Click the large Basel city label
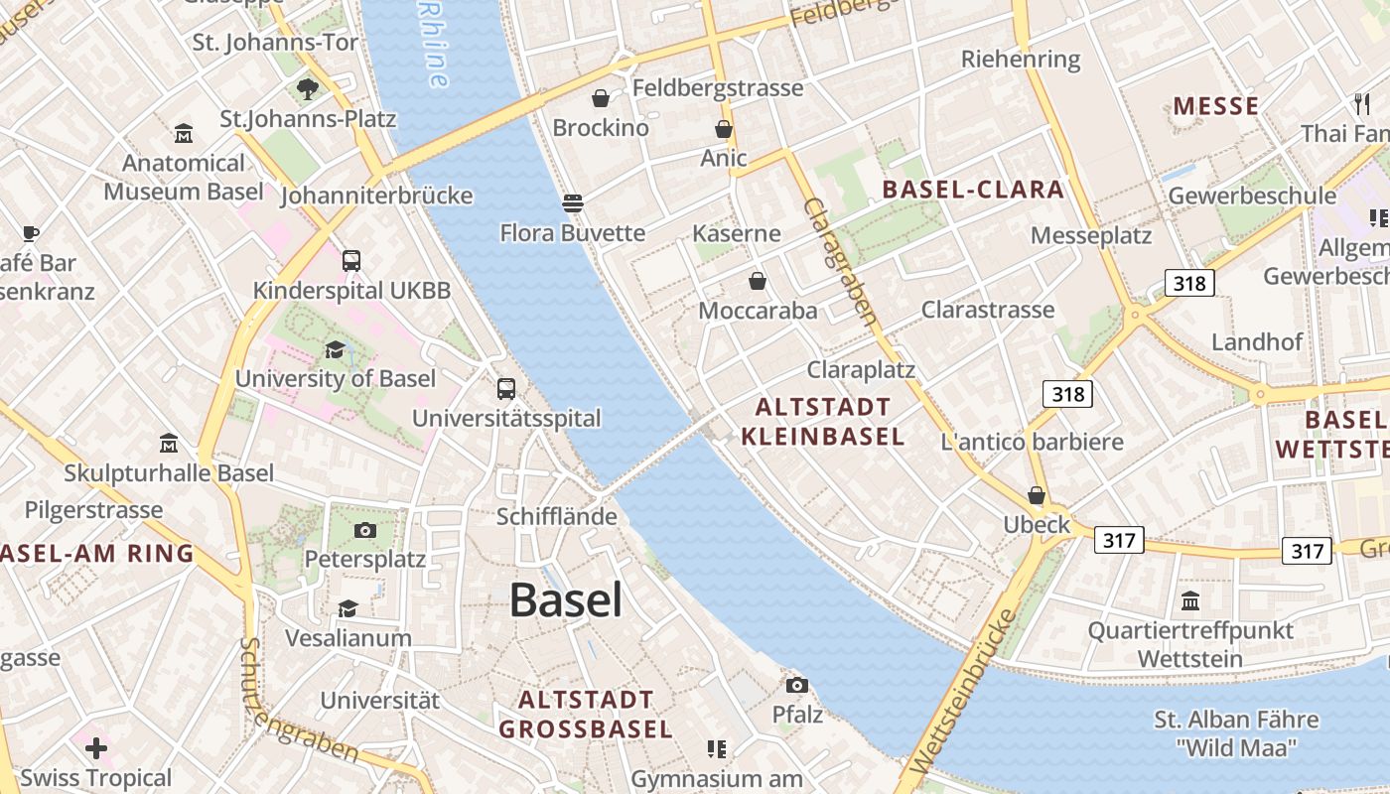(566, 600)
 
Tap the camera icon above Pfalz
(796, 685)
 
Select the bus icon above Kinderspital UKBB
(351, 261)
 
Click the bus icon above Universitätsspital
(506, 388)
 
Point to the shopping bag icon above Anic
(724, 129)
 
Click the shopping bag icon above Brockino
(600, 98)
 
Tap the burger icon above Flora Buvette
(572, 203)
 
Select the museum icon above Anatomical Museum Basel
(184, 133)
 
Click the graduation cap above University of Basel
(335, 349)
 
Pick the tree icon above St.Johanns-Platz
(308, 89)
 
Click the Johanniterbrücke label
(376, 196)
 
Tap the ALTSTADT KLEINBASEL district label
(823, 422)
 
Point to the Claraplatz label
(861, 370)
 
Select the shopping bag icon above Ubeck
(1037, 495)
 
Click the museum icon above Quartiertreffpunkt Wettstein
(1190, 600)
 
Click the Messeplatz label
(1091, 235)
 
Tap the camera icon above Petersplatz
(365, 530)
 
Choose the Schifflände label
(556, 517)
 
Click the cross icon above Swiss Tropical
(96, 747)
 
